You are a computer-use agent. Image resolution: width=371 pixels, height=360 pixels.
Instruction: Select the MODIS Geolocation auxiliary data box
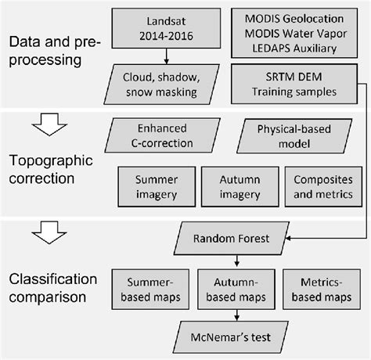295,32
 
